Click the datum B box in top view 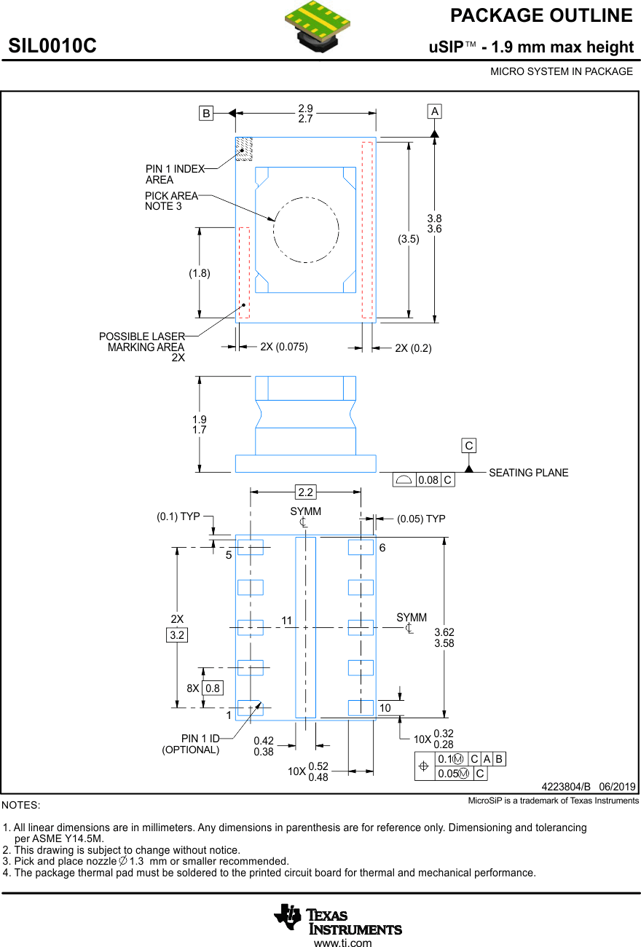coord(206,113)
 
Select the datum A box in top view coord(435,111)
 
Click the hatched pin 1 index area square coord(243,149)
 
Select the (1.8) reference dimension coord(199,273)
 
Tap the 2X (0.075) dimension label coord(284,347)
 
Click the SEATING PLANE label coord(528,473)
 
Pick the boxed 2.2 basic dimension coord(306,492)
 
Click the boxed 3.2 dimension coord(177,635)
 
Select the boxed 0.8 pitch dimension coord(212,688)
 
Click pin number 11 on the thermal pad coord(286,621)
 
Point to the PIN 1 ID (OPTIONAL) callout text coord(191,744)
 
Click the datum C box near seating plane coord(469,445)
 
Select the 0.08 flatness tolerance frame coord(423,480)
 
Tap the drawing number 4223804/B coord(567,787)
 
